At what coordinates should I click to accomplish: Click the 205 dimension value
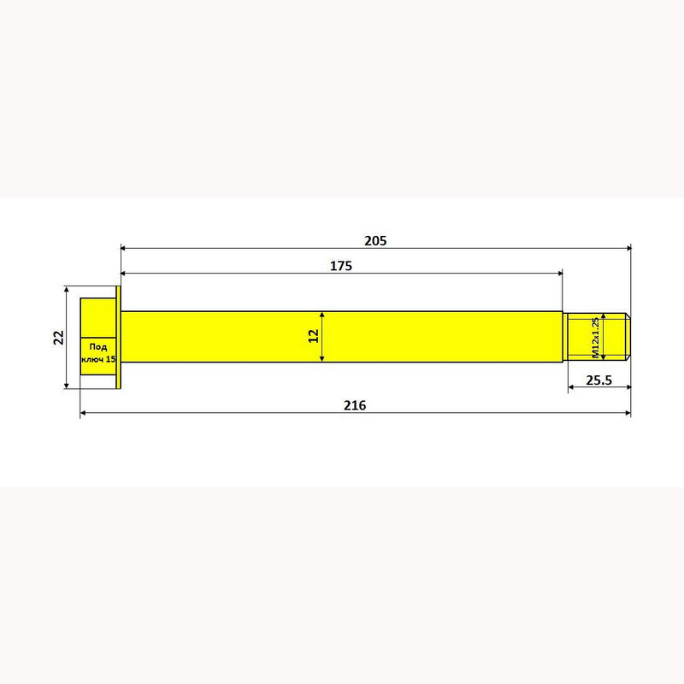tap(375, 241)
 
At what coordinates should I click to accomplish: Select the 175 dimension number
tap(340, 266)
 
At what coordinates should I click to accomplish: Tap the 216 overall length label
tap(355, 405)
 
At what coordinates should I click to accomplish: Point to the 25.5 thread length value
tap(599, 380)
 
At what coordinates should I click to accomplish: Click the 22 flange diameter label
tap(58, 337)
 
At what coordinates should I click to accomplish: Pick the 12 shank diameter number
tap(314, 336)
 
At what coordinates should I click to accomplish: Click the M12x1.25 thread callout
tap(595, 338)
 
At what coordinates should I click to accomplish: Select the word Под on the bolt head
tap(98, 348)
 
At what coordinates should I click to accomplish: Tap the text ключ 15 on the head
tap(98, 359)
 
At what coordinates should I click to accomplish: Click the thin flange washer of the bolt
tap(118, 337)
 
